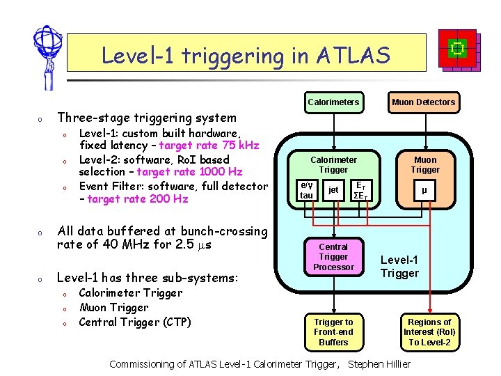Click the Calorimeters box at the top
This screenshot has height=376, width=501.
tap(333, 102)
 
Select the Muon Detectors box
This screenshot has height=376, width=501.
tap(422, 102)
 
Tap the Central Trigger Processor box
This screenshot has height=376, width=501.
tap(333, 257)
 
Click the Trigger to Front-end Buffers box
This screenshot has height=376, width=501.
tap(333, 331)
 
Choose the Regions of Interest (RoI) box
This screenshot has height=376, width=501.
tap(429, 331)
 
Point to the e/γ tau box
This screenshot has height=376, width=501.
tap(306, 190)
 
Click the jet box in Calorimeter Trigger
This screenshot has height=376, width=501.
tap(333, 190)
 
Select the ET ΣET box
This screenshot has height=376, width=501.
tap(360, 190)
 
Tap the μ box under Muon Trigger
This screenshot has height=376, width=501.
tap(424, 189)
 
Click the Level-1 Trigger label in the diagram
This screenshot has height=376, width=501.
tap(399, 267)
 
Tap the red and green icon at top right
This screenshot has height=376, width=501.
tap(458, 49)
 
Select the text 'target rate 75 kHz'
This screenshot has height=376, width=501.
tap(209, 146)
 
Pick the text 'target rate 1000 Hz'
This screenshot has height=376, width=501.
tap(189, 172)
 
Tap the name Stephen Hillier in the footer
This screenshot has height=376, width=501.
tap(379, 364)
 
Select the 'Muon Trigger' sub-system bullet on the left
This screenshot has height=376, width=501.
tap(113, 307)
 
